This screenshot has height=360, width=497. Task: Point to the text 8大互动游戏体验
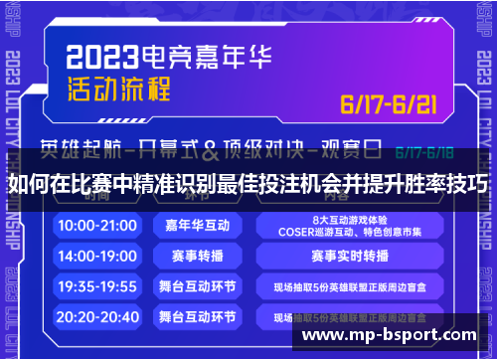tap(347, 219)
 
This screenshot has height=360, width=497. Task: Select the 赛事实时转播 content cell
tap(347, 256)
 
